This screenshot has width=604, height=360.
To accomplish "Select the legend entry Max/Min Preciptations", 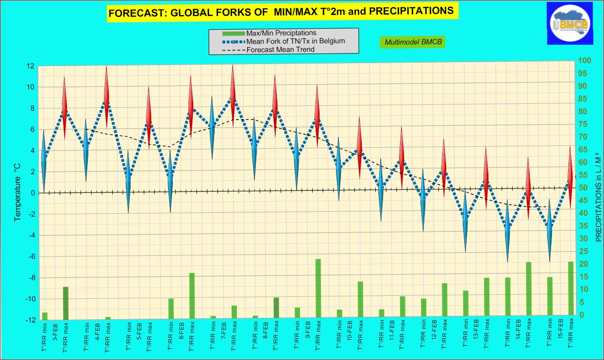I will pos(281,33).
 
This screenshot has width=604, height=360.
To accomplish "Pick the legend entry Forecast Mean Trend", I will pos(280,50).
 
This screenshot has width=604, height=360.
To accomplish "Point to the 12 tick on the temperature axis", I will pos(30,66).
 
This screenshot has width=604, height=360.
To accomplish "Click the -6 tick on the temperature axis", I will pos(30,257).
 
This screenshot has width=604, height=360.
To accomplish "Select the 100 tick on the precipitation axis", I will pos(583,61).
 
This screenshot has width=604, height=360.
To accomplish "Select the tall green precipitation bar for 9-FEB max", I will pos(318,288).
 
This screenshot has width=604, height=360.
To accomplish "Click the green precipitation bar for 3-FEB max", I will pos(66,301).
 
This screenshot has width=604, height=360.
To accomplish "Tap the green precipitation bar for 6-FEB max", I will pos(192,294).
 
